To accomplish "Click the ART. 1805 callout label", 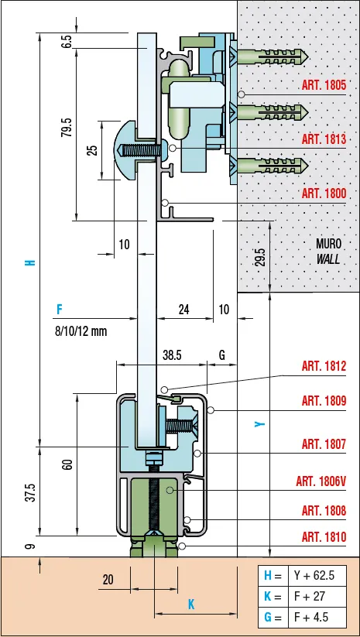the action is coord(324,85).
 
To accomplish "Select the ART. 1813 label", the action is coord(324,139).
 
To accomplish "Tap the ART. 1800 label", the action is coord(324,193).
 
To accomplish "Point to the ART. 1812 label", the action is coord(324,366).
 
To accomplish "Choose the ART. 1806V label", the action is coord(321,481).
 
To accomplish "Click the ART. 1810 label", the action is coord(324,537).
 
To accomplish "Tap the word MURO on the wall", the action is coord(329,244).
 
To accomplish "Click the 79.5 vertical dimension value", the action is coord(67,127).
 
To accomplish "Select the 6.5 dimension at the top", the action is coord(67,42).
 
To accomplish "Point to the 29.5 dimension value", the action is coord(261,257).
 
